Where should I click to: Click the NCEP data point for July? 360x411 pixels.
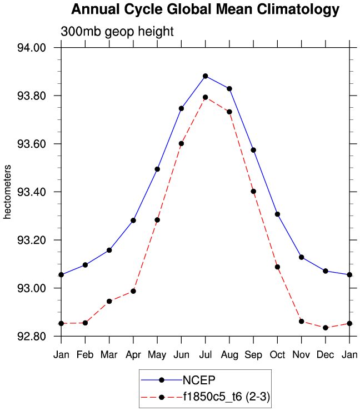click(206, 76)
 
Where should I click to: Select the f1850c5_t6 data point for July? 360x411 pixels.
click(206, 97)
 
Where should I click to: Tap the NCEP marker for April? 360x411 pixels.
click(133, 220)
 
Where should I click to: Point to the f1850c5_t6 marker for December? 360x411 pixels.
click(326, 328)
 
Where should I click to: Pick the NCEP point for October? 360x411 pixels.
click(277, 214)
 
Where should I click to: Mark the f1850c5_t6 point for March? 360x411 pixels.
click(109, 301)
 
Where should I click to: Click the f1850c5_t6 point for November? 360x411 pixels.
click(301, 322)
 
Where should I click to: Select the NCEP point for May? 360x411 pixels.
click(157, 169)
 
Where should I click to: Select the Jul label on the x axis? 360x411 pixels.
click(206, 354)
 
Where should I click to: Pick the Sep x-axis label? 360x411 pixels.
click(253, 354)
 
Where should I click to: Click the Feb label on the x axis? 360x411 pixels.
click(85, 354)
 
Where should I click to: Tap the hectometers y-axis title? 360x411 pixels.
click(8, 192)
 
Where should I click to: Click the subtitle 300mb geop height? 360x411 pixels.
click(117, 32)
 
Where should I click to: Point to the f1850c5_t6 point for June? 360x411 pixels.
click(181, 143)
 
